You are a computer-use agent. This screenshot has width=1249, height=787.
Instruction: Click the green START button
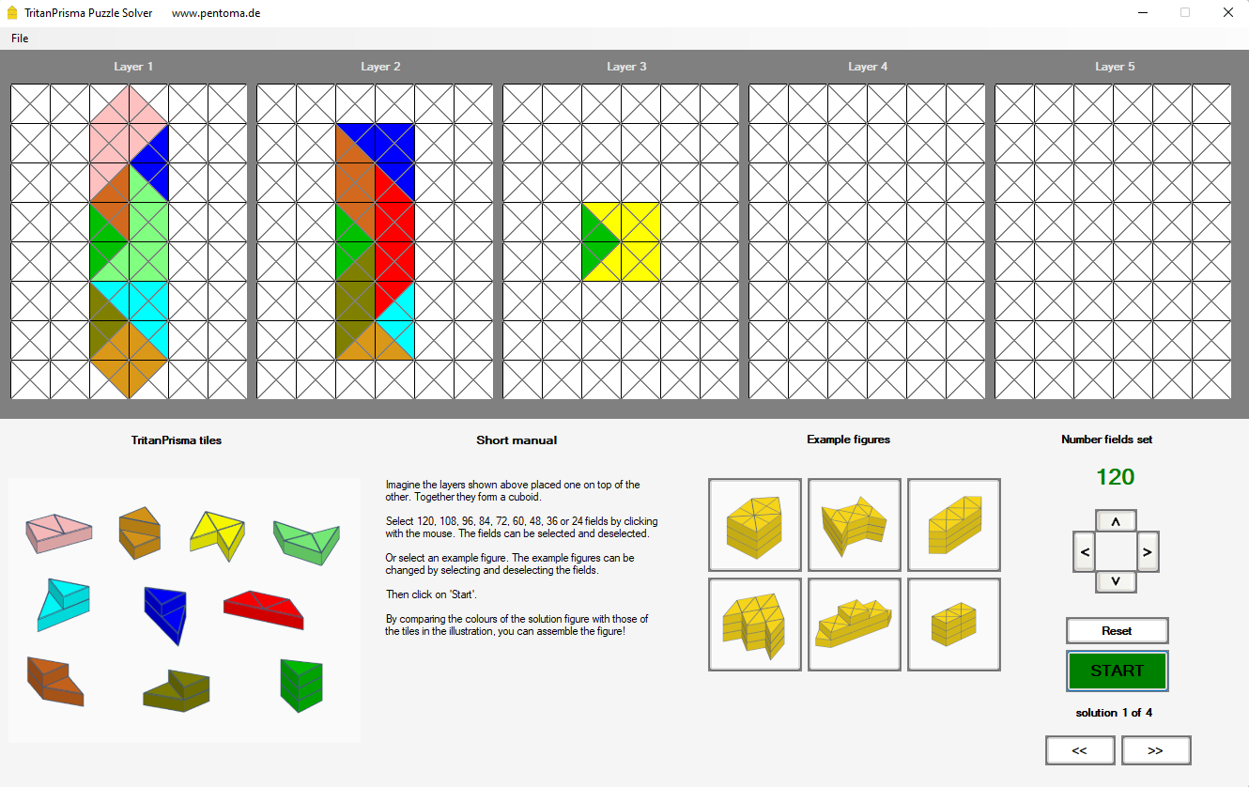pos(1117,671)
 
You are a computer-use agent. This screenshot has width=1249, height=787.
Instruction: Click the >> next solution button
pos(1155,750)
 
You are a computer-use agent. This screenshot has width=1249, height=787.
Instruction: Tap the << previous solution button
pos(1079,750)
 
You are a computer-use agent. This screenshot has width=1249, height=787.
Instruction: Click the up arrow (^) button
pos(1116,521)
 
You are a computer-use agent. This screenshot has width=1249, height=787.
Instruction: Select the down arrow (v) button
pos(1116,581)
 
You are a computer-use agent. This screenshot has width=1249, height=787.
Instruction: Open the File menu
pos(20,39)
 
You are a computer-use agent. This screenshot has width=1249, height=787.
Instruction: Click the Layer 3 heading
pos(626,67)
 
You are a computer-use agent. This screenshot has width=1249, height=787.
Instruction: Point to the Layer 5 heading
pos(1115,67)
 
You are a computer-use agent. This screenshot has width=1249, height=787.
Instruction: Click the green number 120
pos(1115,477)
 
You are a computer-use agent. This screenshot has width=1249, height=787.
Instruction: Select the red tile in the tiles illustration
pos(263,609)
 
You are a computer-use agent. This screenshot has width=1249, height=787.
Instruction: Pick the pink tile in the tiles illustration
pos(59,532)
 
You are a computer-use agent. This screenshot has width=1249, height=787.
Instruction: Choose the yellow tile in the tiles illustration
pos(218,533)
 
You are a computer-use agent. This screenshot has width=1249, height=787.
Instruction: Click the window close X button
pos(1227,12)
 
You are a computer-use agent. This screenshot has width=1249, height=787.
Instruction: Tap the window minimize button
pos(1143,12)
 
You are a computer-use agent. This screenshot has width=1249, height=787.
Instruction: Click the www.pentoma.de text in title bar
pos(216,13)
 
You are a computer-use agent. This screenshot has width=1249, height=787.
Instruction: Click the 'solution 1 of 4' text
pos(1114,713)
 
